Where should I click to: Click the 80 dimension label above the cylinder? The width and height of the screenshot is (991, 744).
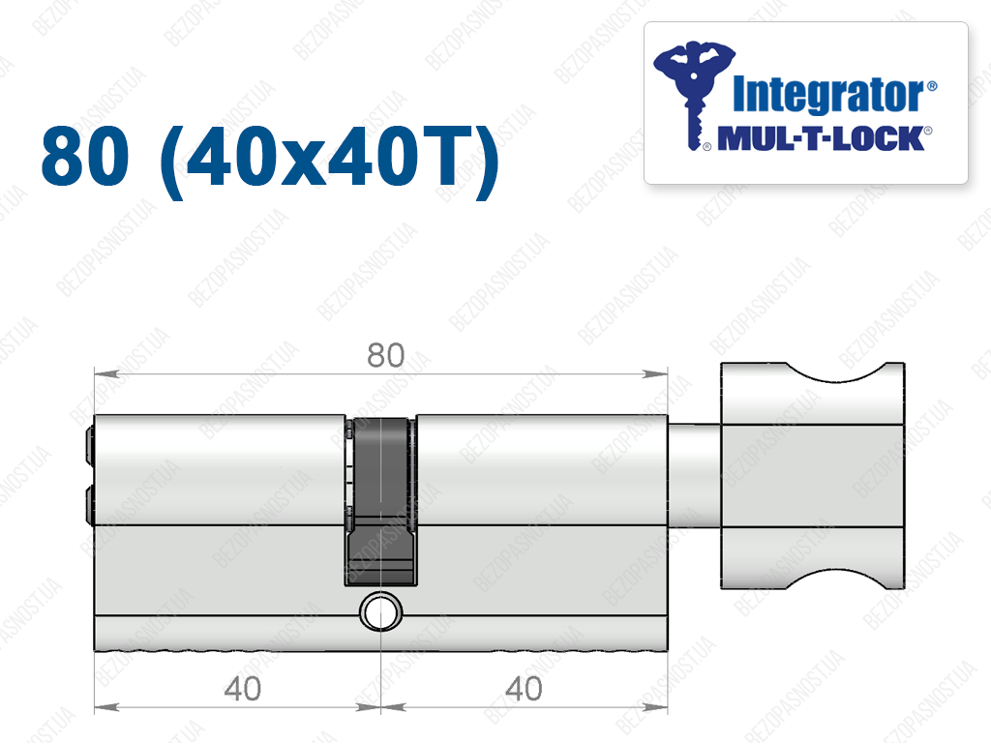pos(385,355)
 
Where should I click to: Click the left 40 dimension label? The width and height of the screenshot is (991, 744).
pos(242,689)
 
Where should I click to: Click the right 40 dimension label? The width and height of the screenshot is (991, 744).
pos(524,689)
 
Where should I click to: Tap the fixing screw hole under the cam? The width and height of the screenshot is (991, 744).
pos(380,612)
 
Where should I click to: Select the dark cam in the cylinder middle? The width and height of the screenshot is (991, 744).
pos(381,500)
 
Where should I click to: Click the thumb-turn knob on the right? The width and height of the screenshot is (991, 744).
pos(813,476)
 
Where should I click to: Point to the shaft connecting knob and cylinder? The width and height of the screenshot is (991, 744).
pos(694,476)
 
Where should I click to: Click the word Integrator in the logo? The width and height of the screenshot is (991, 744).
pos(828,95)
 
